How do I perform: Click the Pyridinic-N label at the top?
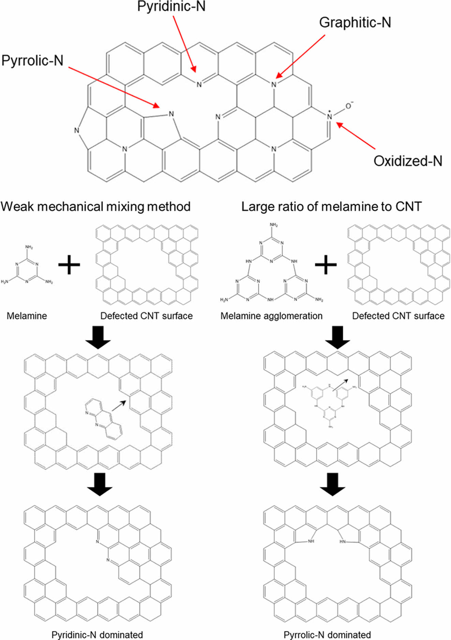pyautogui.click(x=171, y=7)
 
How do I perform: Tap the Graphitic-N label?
pyautogui.click(x=355, y=23)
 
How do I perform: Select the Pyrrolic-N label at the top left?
pyautogui.click(x=32, y=61)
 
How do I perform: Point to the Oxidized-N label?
pyautogui.click(x=408, y=161)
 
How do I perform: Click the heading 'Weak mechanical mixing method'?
pyautogui.click(x=95, y=207)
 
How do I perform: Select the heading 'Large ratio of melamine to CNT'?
pyautogui.click(x=331, y=207)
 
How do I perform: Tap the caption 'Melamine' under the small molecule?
pyautogui.click(x=27, y=316)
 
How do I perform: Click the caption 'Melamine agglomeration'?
pyautogui.click(x=271, y=316)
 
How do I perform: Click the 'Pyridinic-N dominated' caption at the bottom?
pyautogui.click(x=97, y=635)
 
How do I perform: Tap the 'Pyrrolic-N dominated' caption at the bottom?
pyautogui.click(x=327, y=635)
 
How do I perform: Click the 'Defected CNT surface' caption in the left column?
pyautogui.click(x=146, y=316)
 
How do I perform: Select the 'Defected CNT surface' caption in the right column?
pyautogui.click(x=398, y=316)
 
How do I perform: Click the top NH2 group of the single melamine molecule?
pyautogui.click(x=29, y=247)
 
